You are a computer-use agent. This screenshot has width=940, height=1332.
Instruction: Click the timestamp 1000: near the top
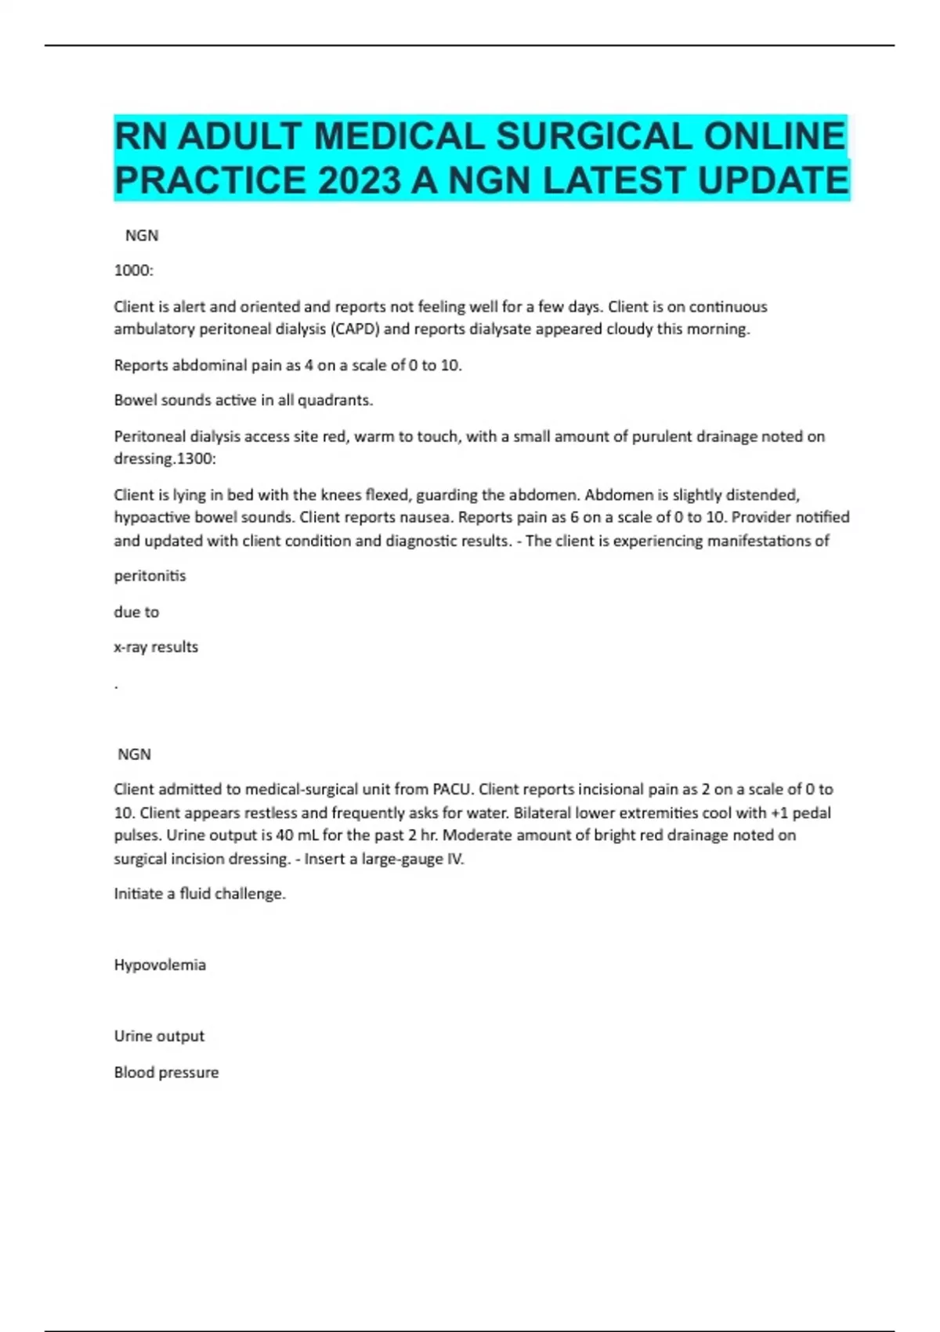click(x=134, y=271)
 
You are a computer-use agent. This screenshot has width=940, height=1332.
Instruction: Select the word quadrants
click(x=335, y=400)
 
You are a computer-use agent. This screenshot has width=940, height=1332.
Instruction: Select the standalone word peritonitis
click(x=150, y=576)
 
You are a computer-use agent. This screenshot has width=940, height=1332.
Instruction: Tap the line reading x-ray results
click(x=156, y=647)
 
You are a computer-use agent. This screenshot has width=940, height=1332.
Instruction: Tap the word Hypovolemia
click(x=160, y=965)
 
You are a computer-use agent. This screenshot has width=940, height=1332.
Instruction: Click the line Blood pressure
click(x=166, y=1073)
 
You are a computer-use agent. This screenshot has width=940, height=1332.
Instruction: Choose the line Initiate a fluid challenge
click(x=200, y=894)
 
